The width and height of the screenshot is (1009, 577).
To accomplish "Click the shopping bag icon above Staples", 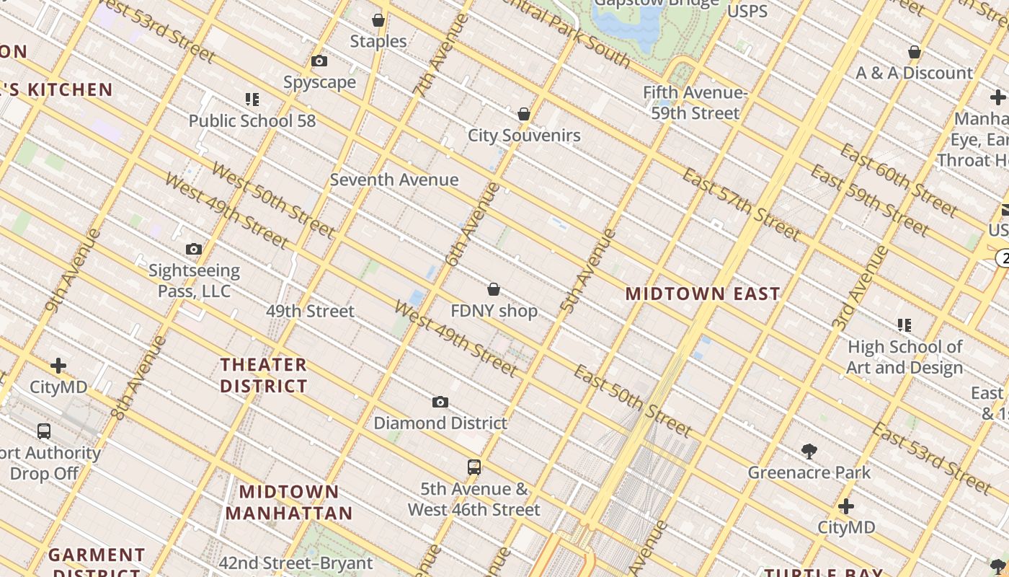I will point(378,20).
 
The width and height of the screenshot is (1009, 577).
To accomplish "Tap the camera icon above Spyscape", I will point(319,61).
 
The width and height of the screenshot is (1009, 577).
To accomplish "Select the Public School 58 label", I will point(252,120).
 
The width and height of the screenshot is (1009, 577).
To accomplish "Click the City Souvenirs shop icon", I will point(524,114).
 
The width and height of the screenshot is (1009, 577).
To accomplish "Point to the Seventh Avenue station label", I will point(394,180).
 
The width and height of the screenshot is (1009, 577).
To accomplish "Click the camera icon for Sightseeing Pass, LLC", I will point(194,250).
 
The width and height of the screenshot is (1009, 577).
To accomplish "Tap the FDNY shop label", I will point(494,311).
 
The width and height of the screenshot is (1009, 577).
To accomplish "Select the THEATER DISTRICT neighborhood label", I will point(264,375).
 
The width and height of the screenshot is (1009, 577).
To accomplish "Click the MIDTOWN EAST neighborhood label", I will point(703,294).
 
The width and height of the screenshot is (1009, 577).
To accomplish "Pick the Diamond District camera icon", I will point(440,402).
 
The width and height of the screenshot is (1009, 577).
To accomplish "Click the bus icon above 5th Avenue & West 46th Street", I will point(474,467).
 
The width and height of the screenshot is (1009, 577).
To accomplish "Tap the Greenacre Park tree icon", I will point(809,452).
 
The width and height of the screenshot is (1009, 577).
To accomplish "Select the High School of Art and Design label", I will point(904,357).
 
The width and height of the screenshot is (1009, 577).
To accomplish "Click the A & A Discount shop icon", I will point(915,53).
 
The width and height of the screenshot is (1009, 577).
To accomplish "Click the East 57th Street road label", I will point(741,204).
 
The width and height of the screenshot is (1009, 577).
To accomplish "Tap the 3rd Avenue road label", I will point(861,288).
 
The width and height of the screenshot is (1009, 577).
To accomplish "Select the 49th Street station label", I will point(310,311).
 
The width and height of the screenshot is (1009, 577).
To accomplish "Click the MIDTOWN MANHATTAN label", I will point(289,502).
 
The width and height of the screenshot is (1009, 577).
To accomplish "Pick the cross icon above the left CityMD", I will point(58,366).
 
